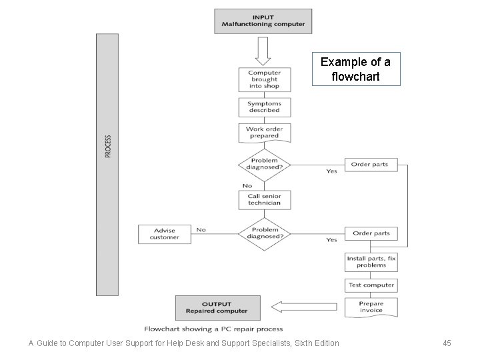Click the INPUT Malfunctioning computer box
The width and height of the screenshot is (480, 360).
click(263, 21)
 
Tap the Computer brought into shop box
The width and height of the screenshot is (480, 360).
click(264, 79)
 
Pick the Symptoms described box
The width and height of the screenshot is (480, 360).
click(264, 107)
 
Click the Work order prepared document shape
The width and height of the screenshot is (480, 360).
click(264, 132)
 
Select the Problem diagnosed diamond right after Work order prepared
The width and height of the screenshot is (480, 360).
click(265, 164)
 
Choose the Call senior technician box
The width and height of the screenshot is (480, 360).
click(264, 199)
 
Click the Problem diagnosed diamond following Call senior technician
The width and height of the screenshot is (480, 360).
click(265, 233)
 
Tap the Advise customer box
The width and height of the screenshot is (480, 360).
click(164, 234)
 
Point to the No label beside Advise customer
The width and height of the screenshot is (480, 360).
click(201, 230)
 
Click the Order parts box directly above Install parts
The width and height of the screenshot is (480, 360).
click(371, 233)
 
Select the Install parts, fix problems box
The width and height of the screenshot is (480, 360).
click(371, 261)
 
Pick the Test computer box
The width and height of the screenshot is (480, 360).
click(371, 285)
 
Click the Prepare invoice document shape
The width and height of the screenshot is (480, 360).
click(371, 307)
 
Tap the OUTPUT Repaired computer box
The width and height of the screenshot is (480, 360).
click(217, 307)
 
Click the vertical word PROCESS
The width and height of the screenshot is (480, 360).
click(107, 147)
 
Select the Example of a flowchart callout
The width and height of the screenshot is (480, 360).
click(356, 69)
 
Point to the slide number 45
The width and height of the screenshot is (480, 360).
click(447, 343)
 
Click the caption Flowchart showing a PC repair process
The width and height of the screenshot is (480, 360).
click(213, 329)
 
